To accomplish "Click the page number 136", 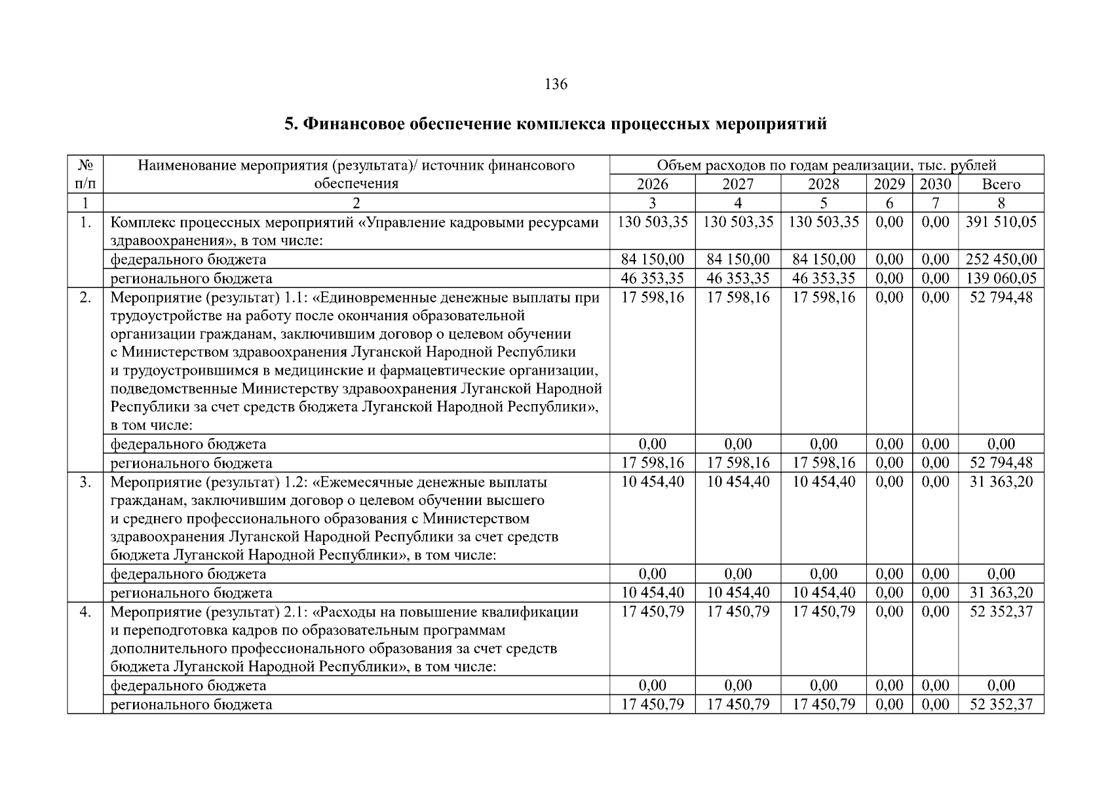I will pyautogui.click(x=556, y=84).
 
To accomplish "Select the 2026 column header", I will pyautogui.click(x=652, y=184).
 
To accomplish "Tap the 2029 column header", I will pyautogui.click(x=889, y=184).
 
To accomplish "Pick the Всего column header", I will pyautogui.click(x=1001, y=184).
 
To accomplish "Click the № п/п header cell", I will pyautogui.click(x=85, y=174).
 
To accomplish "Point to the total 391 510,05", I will pyautogui.click(x=1001, y=222).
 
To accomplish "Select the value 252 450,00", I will pyautogui.click(x=1001, y=260).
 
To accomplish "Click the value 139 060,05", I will pyautogui.click(x=1001, y=278).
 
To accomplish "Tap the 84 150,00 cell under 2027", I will pyautogui.click(x=738, y=260).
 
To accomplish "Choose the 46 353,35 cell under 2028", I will pyautogui.click(x=824, y=278).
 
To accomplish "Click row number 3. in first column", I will pyautogui.click(x=85, y=483).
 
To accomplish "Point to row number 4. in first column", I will pyautogui.click(x=85, y=612).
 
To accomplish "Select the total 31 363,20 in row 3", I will pyautogui.click(x=1001, y=482).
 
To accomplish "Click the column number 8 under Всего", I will pyautogui.click(x=1001, y=202).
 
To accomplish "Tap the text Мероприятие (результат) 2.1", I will pyautogui.click(x=210, y=612).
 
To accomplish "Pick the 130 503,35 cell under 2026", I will pyautogui.click(x=652, y=222).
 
